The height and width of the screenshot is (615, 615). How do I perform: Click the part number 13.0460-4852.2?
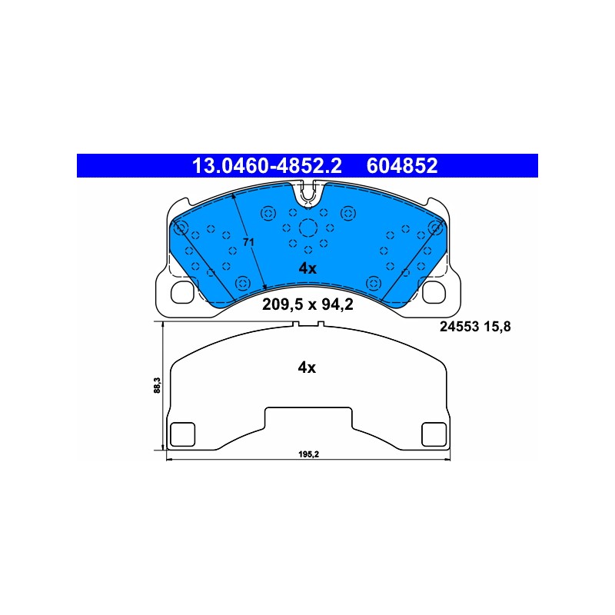(x=267, y=166)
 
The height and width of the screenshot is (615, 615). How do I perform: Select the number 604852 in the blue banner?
(x=401, y=166)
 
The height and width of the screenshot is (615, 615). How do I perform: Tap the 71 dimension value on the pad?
(x=248, y=242)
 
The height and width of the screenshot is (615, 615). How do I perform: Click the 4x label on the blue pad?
(x=307, y=268)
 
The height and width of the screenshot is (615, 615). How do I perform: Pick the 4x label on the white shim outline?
(x=307, y=368)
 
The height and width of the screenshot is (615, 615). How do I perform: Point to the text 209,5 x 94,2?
(x=307, y=304)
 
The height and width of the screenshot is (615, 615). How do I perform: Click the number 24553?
(x=460, y=327)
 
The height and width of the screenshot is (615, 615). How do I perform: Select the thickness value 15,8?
(x=497, y=327)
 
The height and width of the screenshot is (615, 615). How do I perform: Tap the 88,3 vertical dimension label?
(x=158, y=385)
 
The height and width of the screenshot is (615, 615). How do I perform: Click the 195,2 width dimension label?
(x=309, y=454)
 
